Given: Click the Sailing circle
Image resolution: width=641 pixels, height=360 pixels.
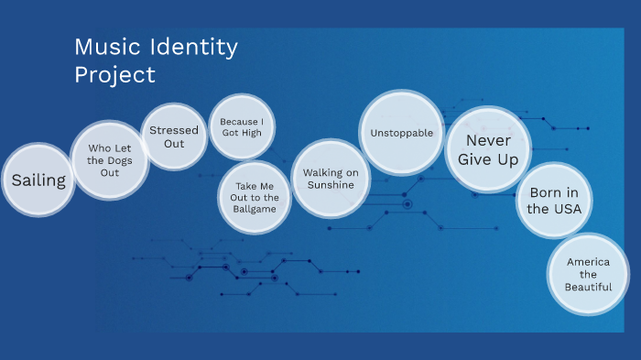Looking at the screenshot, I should pos(38,180).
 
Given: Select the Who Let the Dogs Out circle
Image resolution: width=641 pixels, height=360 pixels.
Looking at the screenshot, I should pos(110,159).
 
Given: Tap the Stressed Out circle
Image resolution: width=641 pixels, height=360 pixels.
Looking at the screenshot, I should pos(174,136).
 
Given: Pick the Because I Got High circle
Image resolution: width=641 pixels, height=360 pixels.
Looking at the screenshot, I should pos(242,127).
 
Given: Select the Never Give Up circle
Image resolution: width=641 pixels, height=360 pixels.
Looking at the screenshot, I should pos(488,149).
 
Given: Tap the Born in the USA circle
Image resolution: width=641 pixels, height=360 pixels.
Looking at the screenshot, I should pos(553,200).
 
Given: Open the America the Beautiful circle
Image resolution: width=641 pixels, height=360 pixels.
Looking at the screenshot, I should pos(588,274).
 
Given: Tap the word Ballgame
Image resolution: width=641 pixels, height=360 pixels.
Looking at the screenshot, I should pos(255,209).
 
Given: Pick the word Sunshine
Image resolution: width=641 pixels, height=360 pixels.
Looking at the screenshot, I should pos(330,185).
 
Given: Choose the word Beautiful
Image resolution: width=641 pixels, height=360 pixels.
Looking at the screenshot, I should pos(588,287).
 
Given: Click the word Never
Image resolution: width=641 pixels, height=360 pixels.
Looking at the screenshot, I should pos(488,140).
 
